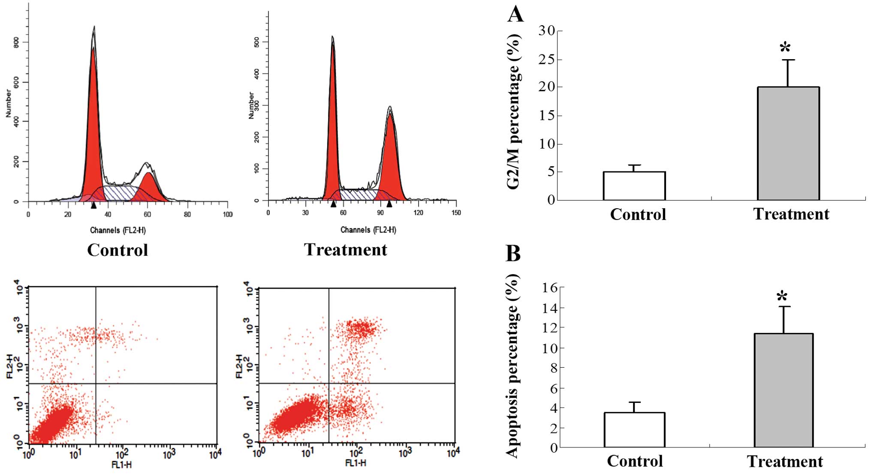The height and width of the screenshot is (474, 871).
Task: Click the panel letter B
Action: click(x=513, y=253)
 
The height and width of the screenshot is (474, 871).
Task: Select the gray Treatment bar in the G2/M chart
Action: click(x=788, y=143)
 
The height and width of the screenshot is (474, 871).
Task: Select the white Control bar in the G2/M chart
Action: click(x=634, y=186)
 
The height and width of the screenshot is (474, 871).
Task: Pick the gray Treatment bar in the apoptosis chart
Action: click(x=784, y=390)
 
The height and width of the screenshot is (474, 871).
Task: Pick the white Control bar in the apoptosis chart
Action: click(x=634, y=429)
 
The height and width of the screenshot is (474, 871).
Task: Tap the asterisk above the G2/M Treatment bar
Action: click(x=785, y=47)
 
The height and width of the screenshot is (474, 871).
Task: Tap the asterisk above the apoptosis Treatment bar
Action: click(x=782, y=296)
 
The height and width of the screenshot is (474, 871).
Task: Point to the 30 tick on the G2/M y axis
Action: click(x=547, y=31)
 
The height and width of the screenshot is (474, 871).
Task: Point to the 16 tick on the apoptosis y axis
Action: click(x=550, y=288)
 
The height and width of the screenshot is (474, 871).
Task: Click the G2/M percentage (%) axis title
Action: click(x=514, y=111)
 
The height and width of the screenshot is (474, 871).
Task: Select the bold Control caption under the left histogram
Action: click(x=118, y=250)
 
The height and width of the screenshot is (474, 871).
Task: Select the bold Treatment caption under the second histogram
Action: click(x=345, y=249)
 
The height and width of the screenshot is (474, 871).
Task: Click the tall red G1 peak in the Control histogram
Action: click(x=93, y=129)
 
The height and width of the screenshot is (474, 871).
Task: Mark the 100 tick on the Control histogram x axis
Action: click(x=227, y=214)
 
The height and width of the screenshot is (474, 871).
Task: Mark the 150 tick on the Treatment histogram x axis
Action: click(x=456, y=213)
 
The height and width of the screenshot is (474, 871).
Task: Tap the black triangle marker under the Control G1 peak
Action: click(x=93, y=206)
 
